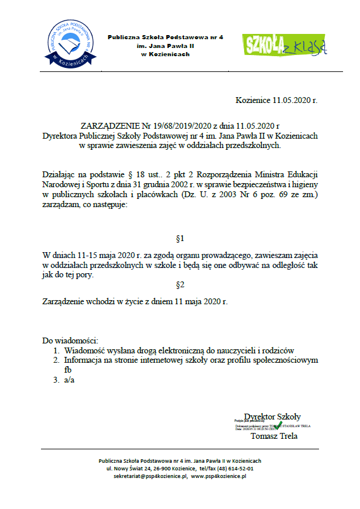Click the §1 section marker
[180, 239]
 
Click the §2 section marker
[180, 286]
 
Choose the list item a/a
[70, 380]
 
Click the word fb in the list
[68, 370]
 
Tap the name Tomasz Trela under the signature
[274, 436]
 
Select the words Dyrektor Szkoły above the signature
[272, 416]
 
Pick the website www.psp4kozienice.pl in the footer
[218, 476]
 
